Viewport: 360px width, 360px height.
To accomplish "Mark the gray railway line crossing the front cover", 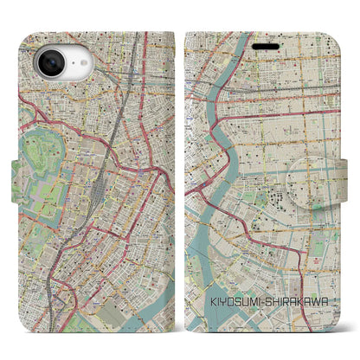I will click(260, 78).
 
